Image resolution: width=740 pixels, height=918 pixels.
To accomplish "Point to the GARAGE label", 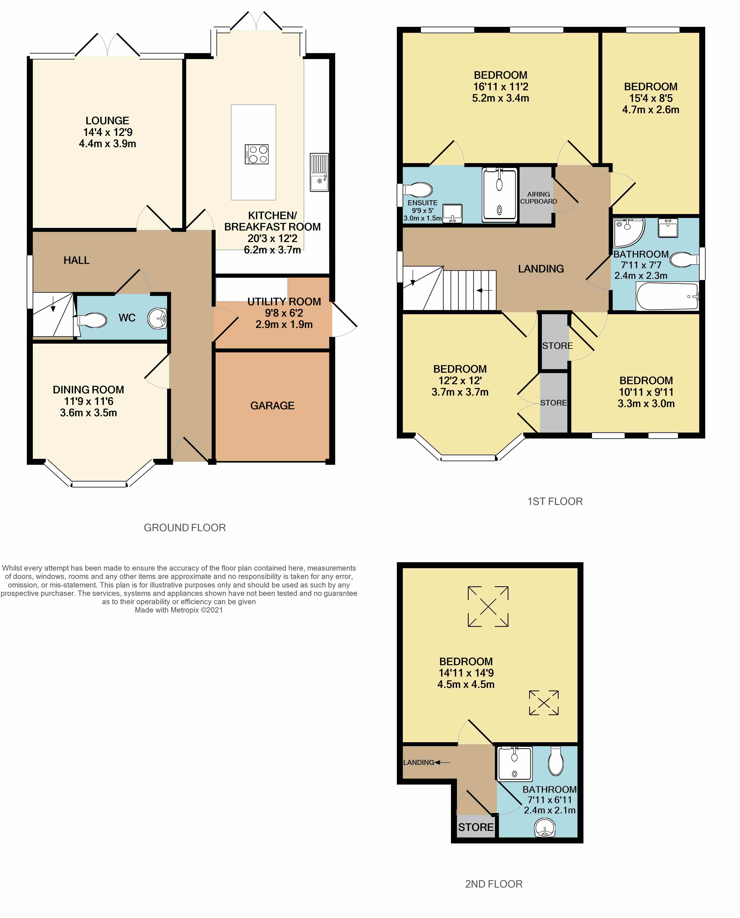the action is point(272,406).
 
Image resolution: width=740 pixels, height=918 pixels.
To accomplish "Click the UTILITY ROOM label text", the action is point(284,302).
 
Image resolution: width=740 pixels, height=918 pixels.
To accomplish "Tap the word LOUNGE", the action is point(107,121).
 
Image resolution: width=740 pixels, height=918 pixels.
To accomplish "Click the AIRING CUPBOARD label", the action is point(538,198).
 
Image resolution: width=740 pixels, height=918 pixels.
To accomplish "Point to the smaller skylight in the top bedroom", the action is point(544,703).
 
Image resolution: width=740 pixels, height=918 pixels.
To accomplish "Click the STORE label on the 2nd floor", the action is point(476,827).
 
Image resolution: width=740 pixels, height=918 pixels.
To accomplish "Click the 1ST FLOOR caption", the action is point(555,502).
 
